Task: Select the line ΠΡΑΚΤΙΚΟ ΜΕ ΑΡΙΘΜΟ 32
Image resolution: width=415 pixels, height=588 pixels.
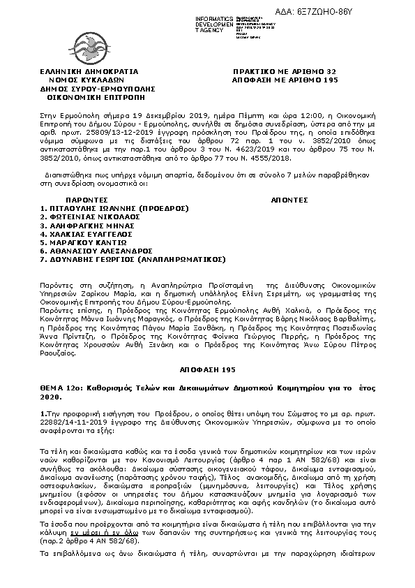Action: [285, 71]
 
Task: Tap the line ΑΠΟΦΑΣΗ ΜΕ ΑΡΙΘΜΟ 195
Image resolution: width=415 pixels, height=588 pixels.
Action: [285, 80]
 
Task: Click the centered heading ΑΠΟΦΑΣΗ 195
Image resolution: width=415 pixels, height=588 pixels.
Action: [207, 369]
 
